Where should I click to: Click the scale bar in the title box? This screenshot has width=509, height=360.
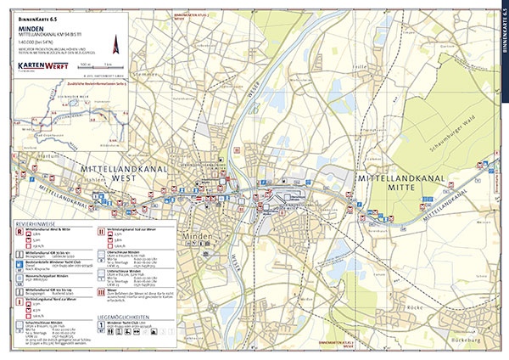[92, 65]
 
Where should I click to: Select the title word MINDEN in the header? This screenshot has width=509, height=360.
[31, 26]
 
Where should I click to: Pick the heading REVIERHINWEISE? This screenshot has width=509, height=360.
[34, 222]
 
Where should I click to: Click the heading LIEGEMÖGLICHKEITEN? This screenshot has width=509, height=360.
[122, 316]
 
